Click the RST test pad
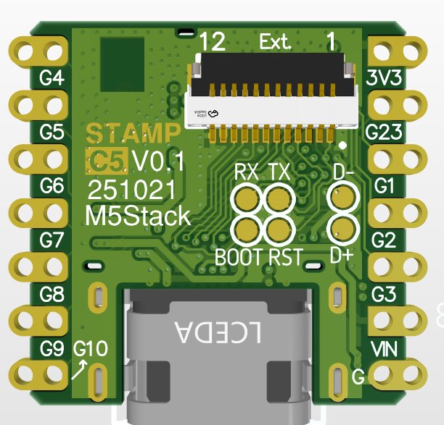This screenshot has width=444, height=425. click(x=279, y=230)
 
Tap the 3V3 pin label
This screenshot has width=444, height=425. click(x=385, y=78)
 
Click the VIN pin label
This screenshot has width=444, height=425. click(x=384, y=350)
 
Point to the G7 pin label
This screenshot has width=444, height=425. click(x=52, y=241)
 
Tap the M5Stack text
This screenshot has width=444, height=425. click(x=139, y=215)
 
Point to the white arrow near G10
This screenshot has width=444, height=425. click(x=81, y=371)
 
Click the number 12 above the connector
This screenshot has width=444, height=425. click(x=213, y=42)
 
